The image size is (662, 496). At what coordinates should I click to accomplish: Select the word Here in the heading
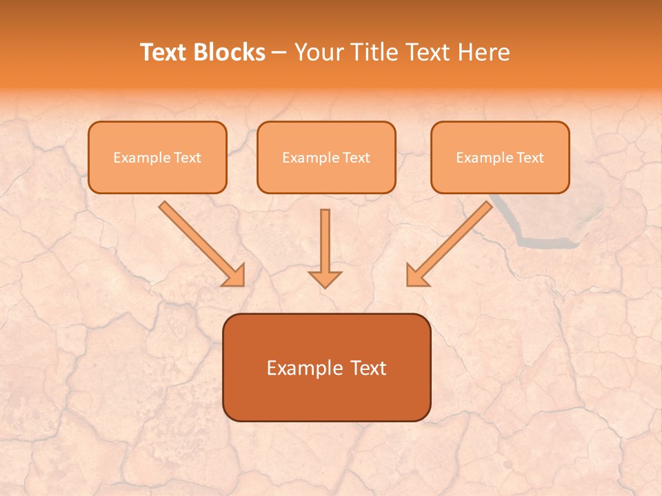coord(485,52)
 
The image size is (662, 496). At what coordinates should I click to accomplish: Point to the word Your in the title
coord(318,52)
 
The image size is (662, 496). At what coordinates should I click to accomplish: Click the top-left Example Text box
coord(157,158)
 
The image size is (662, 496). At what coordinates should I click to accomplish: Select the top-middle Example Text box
coord(326,158)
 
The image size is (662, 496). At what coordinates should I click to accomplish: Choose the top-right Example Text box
coord(500,158)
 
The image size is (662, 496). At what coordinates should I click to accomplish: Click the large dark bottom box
coord(326,368)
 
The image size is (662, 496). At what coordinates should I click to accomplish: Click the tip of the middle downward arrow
coord(325,285)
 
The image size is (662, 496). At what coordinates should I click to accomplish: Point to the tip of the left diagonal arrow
coord(243,284)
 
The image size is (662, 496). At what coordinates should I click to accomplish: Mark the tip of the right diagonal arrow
coord(408,284)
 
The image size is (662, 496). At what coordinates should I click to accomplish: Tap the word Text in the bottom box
coord(368,368)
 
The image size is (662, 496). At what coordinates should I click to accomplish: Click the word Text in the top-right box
coord(530,158)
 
